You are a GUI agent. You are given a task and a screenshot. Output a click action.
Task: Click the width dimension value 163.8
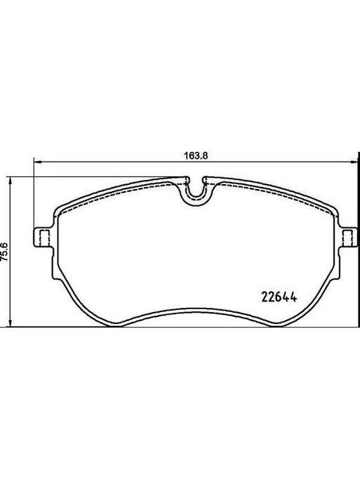196,155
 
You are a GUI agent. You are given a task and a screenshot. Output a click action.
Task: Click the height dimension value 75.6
4,252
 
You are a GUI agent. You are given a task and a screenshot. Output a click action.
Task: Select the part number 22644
279,297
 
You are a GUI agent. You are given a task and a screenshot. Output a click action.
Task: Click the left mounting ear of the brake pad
42,237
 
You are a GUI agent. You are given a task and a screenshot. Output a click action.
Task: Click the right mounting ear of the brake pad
348,237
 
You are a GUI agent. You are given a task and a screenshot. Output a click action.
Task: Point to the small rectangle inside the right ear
347,237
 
